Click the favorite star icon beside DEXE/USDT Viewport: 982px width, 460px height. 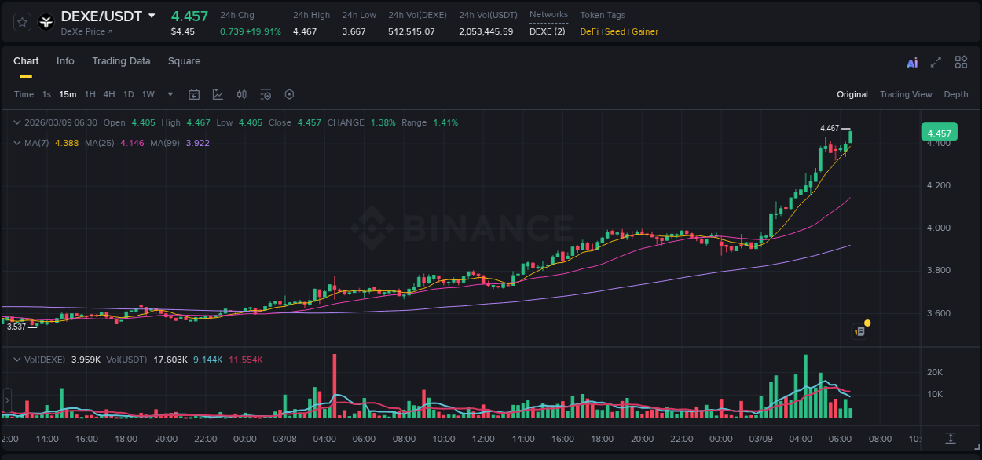(x=23, y=23)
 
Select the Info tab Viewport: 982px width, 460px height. (x=65, y=61)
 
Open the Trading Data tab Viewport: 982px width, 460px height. (x=121, y=61)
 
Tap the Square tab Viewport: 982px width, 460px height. (x=184, y=61)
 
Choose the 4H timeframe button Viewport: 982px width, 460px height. (x=109, y=94)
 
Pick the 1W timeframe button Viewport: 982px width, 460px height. (x=148, y=94)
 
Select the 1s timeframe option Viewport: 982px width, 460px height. (x=46, y=94)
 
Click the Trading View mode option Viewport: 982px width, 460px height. (x=906, y=94)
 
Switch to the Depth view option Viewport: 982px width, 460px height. (x=956, y=94)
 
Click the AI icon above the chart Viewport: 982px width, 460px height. (x=912, y=63)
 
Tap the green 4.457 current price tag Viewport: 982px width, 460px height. (x=939, y=133)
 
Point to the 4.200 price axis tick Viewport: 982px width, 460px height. (x=939, y=186)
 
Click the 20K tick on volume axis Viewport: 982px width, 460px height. (x=935, y=372)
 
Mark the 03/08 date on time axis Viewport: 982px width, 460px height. (x=284, y=439)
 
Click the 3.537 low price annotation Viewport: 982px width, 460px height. (x=16, y=327)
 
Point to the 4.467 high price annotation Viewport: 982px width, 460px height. (x=830, y=128)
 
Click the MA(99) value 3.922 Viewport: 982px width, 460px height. (x=198, y=143)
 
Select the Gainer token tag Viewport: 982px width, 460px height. (x=645, y=31)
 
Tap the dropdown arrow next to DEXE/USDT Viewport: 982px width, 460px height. (x=152, y=16)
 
